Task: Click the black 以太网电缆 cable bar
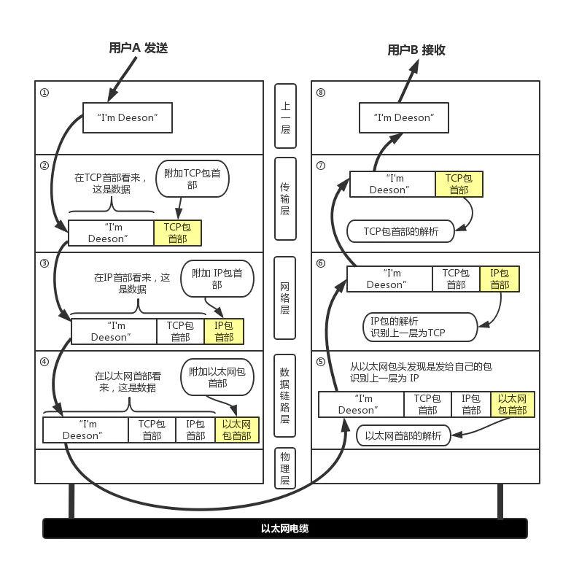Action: (284, 528)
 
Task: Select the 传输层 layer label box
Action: (284, 195)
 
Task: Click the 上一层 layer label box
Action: (285, 117)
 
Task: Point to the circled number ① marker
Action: (44, 93)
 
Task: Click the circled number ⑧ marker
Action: (321, 93)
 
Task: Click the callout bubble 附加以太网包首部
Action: (217, 376)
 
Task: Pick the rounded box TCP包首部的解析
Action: (401, 231)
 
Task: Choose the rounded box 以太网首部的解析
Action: (403, 436)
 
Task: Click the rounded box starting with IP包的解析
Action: (418, 326)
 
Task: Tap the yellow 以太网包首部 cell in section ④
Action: (236, 430)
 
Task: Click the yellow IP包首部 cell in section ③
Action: (224, 331)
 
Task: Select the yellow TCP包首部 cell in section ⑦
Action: (459, 184)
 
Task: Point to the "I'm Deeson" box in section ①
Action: (128, 117)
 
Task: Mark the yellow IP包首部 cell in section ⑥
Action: (500, 279)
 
